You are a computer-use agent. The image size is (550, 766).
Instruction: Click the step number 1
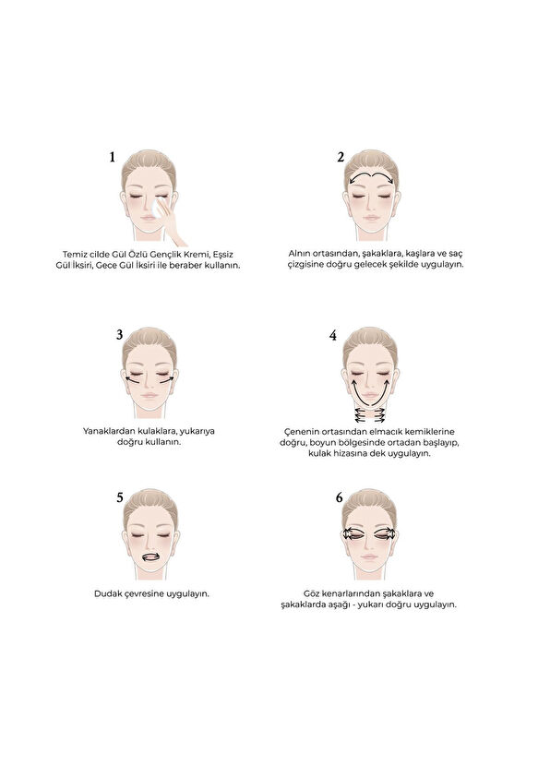click(x=113, y=157)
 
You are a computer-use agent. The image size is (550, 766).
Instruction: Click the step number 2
click(x=340, y=157)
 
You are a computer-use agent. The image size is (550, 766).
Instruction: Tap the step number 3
click(x=120, y=334)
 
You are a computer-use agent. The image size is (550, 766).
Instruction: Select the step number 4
click(x=332, y=336)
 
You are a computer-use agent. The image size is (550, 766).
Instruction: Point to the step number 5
click(x=120, y=497)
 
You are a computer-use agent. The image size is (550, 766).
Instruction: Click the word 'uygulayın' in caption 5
click(x=186, y=593)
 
